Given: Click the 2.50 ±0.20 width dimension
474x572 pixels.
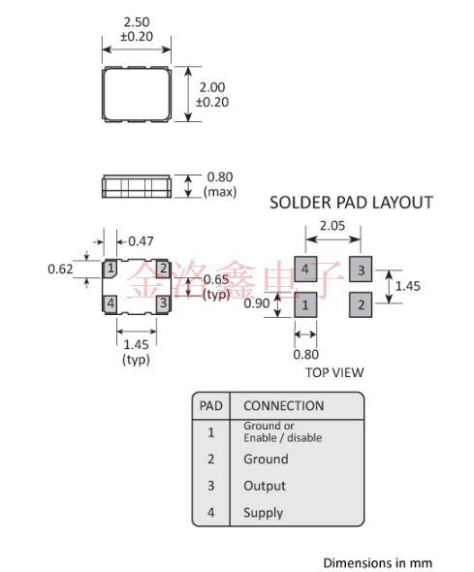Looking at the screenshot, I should pos(137,28).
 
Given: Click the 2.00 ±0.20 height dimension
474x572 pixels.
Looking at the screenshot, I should pos(212,94).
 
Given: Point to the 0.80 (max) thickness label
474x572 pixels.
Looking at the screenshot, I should pos(220,183).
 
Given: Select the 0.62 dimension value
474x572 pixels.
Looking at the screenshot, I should pos(62,268).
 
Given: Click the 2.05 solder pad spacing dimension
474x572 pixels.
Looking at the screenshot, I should pos(332,225).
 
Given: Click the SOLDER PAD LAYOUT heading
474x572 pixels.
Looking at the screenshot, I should pos(350,203).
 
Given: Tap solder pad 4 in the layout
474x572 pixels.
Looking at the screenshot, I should pos(305,269).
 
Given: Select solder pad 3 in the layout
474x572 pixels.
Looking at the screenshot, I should pos(362,269).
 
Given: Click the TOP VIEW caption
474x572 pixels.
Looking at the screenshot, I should pos(332,371).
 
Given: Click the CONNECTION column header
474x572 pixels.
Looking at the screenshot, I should pos(283,405).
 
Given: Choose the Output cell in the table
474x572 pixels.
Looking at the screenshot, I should pos(265,486).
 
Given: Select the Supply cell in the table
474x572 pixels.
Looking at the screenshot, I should pos(264,512).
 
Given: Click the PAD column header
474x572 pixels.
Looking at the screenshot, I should pos(210,405).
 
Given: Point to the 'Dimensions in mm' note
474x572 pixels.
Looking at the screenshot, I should pos(377,562).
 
